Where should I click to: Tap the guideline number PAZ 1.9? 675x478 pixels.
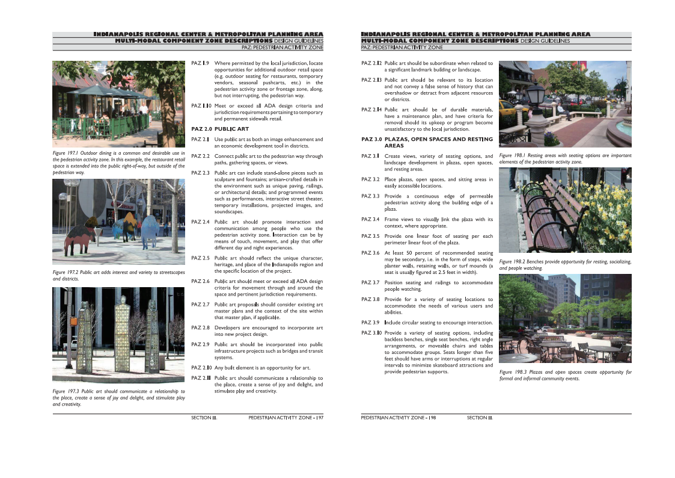click(x=200, y=63)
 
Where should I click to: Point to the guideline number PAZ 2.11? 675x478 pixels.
click(x=201, y=378)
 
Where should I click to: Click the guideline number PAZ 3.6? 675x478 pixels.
click(x=370, y=253)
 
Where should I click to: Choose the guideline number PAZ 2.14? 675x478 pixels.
click(x=371, y=110)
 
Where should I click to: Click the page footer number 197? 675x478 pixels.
click(x=320, y=417)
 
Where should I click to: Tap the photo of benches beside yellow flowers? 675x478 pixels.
click(x=565, y=210)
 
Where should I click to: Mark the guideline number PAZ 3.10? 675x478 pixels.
click(x=371, y=333)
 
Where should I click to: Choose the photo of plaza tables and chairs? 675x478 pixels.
click(x=565, y=318)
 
